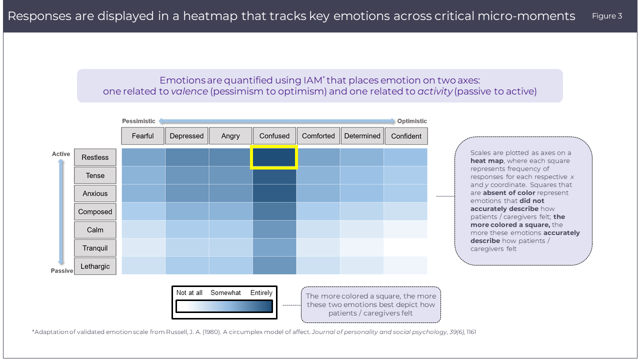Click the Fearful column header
(x=142, y=136)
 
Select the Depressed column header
(x=186, y=136)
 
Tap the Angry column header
(x=230, y=136)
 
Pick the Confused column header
(x=274, y=136)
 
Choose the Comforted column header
(x=318, y=136)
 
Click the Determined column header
(x=362, y=136)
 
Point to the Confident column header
(x=406, y=136)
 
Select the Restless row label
(x=95, y=157)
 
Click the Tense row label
(x=95, y=175)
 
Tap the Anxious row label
(x=95, y=193)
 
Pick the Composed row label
(x=95, y=211)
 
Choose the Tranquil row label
(x=95, y=248)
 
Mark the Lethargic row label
(x=95, y=266)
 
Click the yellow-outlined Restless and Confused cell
(x=274, y=157)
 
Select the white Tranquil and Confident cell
(x=405, y=247)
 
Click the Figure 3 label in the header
(x=607, y=16)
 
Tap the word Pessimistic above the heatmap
(x=138, y=121)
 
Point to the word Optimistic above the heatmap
(x=412, y=121)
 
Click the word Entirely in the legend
(x=261, y=292)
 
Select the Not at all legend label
(x=189, y=292)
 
